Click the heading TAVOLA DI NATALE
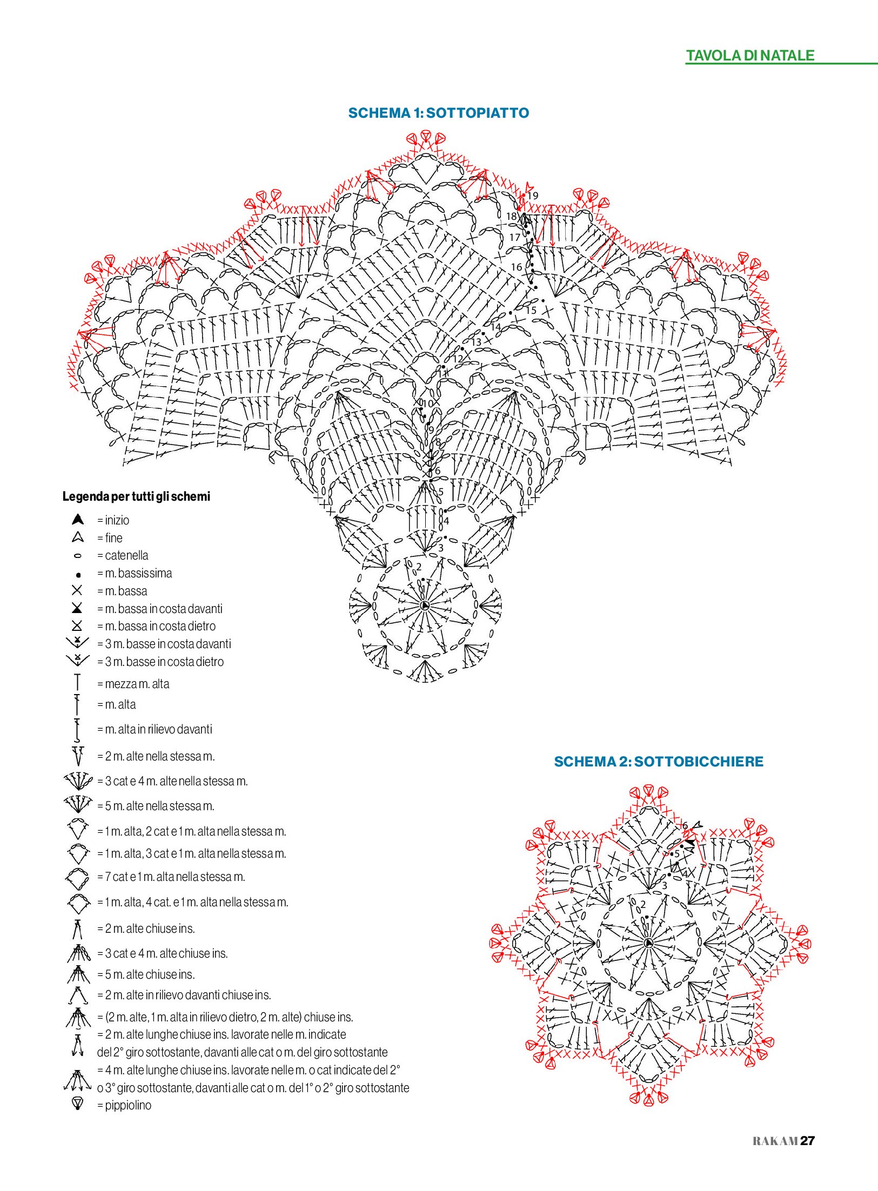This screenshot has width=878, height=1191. pos(750,56)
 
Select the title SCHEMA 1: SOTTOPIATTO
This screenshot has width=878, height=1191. pos(439,113)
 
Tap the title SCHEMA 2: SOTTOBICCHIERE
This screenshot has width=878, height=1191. pos(659,762)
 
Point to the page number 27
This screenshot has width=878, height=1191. pos(807,1141)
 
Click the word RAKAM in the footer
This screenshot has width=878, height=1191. pos(775,1141)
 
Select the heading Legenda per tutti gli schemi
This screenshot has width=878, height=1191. pos(136,496)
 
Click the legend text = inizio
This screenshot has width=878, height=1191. pos(113,520)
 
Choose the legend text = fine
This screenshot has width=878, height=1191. pos(110,538)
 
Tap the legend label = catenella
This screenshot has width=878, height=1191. pos(123,555)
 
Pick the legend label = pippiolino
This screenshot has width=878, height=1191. pos(124,1105)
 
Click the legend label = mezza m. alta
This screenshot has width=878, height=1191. pos(133,684)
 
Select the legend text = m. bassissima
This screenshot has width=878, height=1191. pos(135,573)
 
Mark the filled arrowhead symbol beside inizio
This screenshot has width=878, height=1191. pos(78,520)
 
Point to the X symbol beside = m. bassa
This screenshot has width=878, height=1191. pos(77,590)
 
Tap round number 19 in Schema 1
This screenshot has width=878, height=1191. pos(533,196)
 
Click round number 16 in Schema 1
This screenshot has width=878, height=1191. pos(517,267)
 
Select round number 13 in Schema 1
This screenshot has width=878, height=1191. pos(476,342)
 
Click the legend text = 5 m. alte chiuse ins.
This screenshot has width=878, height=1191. pos(146,974)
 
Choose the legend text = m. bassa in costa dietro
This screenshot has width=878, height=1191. pos(156,626)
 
